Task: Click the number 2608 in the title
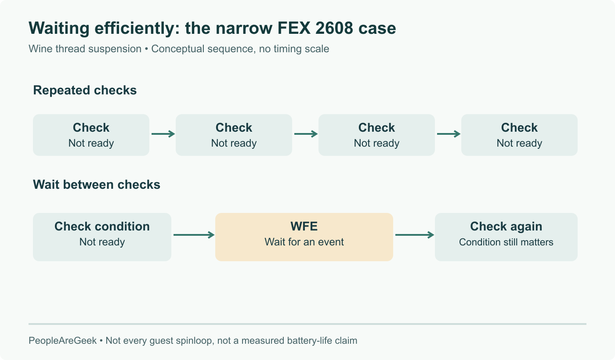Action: pyautogui.click(x=334, y=28)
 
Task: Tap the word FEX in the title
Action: pyautogui.click(x=294, y=28)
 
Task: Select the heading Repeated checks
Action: pyautogui.click(x=85, y=90)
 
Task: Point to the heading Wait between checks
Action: pyautogui.click(x=97, y=184)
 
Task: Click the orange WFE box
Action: pyautogui.click(x=304, y=237)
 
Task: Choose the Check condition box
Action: pyautogui.click(x=102, y=237)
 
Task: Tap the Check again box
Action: pyautogui.click(x=506, y=237)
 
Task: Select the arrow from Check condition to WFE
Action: pyautogui.click(x=194, y=235)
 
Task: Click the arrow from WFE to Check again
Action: pyautogui.click(x=415, y=235)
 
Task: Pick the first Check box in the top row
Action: pyautogui.click(x=91, y=135)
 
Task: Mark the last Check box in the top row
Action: pyautogui.click(x=519, y=135)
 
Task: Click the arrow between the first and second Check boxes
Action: pyautogui.click(x=163, y=134)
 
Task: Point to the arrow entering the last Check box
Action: pyautogui.click(x=449, y=134)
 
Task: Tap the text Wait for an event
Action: pyautogui.click(x=304, y=242)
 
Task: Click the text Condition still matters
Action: pyautogui.click(x=506, y=242)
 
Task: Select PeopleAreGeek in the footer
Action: pyautogui.click(x=62, y=341)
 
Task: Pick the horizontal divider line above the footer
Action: pyautogui.click(x=307, y=324)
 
